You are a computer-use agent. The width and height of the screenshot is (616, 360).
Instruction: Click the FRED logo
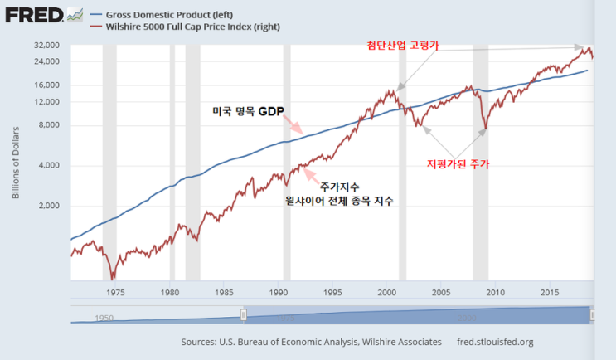[x=34, y=15]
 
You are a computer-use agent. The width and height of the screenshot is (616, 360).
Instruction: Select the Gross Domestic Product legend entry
[x=162, y=15]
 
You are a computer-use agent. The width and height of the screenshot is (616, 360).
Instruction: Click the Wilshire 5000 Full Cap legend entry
[x=186, y=27]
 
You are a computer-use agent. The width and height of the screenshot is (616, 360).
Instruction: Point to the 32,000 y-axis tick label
[x=46, y=45]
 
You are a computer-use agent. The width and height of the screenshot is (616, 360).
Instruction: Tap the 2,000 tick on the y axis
[x=49, y=206]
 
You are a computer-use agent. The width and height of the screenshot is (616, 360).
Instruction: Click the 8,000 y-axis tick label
[x=49, y=125]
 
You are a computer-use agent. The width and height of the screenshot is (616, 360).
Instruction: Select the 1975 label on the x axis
[x=115, y=293]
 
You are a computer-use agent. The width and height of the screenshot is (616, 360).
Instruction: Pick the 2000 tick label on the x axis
[x=387, y=293]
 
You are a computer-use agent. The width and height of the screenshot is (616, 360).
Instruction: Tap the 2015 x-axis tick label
[x=550, y=293]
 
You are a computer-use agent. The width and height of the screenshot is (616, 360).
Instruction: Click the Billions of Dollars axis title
[x=16, y=163]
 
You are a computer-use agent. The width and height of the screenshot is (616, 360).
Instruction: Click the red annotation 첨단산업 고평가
[x=403, y=45]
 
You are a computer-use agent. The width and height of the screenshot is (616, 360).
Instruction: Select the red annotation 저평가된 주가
[x=458, y=164]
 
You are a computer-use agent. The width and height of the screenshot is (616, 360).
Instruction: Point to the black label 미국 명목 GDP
[x=248, y=111]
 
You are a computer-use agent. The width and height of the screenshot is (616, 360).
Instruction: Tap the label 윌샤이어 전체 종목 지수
[x=339, y=201]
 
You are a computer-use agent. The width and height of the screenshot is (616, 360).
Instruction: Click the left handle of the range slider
[x=244, y=315]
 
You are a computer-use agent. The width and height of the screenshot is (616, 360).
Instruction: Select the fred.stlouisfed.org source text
[x=495, y=342]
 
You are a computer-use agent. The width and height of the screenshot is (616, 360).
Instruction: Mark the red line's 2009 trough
[x=486, y=129]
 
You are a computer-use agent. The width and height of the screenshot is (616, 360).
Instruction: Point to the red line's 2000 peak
[x=390, y=90]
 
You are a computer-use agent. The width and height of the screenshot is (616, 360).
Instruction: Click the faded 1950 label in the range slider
[x=104, y=318]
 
